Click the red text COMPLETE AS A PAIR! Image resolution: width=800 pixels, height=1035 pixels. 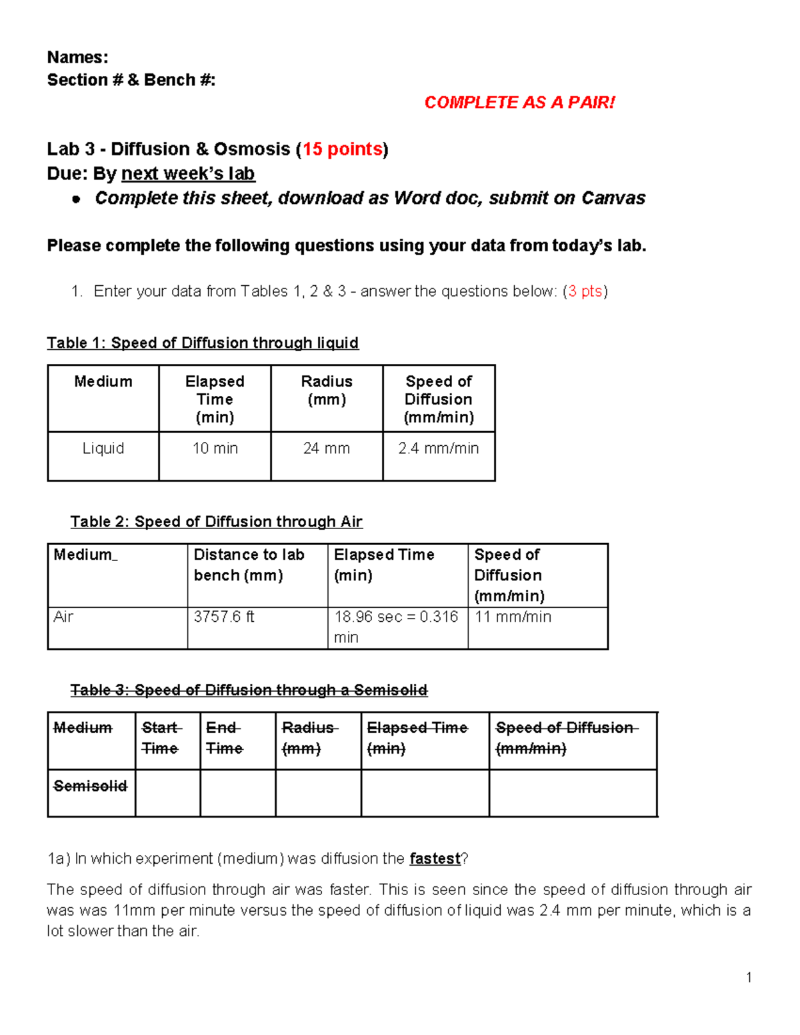519,103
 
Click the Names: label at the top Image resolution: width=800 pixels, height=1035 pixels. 77,57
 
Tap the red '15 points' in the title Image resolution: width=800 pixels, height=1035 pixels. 342,149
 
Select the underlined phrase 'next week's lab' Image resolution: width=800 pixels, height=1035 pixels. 188,174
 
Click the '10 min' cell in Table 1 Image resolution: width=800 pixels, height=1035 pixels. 215,449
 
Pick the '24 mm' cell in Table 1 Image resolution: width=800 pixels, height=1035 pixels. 327,449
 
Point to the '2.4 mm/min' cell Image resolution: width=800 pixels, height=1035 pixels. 439,449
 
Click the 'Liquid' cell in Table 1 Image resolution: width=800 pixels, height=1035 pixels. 103,449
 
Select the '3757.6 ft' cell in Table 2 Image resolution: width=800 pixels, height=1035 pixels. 224,617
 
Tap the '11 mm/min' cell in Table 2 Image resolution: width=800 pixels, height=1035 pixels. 513,617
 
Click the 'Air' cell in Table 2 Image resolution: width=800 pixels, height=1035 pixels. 63,617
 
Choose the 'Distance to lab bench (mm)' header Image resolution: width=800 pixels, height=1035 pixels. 249,565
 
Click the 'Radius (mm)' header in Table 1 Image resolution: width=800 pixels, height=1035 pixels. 327,391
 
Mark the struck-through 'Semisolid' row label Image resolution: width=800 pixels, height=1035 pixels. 90,786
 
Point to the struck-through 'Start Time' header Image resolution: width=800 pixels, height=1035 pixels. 161,738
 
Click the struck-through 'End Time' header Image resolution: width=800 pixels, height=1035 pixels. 224,738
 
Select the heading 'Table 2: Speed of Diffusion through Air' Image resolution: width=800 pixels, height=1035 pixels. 217,522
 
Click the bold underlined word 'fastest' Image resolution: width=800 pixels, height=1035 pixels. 435,859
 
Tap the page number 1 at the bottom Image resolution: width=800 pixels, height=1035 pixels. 749,978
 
